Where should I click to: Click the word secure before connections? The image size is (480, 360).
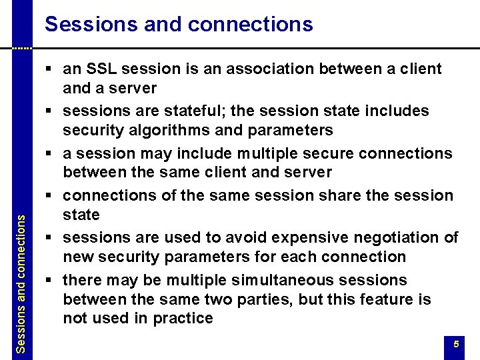click(x=330, y=153)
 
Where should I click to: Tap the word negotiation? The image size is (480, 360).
click(x=387, y=238)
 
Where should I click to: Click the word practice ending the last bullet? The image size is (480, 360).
click(x=183, y=318)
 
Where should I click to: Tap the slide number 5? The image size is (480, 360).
click(x=456, y=345)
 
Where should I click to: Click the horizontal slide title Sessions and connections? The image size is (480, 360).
click(x=179, y=25)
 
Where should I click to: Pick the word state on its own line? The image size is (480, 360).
click(x=81, y=215)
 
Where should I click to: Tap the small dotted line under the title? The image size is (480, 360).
click(x=22, y=49)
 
